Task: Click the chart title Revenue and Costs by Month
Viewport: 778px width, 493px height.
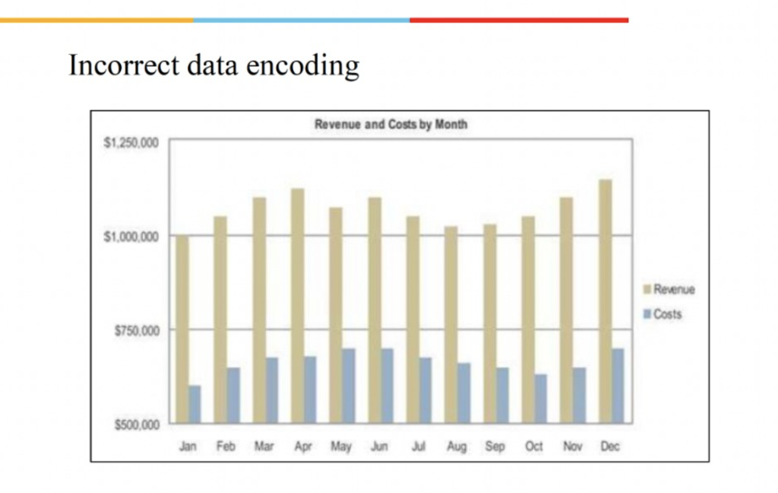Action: coord(391,125)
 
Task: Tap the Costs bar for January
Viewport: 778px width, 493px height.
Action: coord(195,404)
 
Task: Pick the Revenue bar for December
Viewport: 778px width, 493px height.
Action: coord(606,301)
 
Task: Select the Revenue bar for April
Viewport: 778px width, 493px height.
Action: coord(298,305)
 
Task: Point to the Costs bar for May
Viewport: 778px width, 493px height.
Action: coord(348,386)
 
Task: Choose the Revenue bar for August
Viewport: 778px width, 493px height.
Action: coord(451,324)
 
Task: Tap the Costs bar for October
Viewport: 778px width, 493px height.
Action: coord(540,398)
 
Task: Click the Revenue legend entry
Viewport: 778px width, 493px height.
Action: coord(673,290)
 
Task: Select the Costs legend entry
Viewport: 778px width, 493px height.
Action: coord(667,314)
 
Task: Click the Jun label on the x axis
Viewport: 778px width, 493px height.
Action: coord(379,447)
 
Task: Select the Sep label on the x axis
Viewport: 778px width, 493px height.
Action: coord(495,447)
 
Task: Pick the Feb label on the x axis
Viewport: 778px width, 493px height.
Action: coord(226,447)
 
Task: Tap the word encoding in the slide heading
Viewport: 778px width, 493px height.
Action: coord(306,67)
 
